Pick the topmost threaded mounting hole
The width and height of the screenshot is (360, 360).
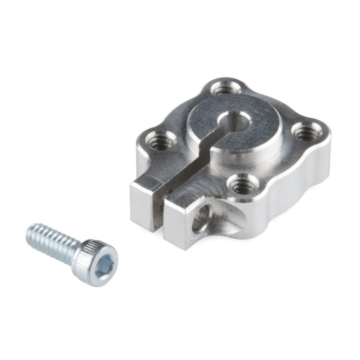(x=223, y=88)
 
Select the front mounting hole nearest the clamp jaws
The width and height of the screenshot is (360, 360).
(x=241, y=185)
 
